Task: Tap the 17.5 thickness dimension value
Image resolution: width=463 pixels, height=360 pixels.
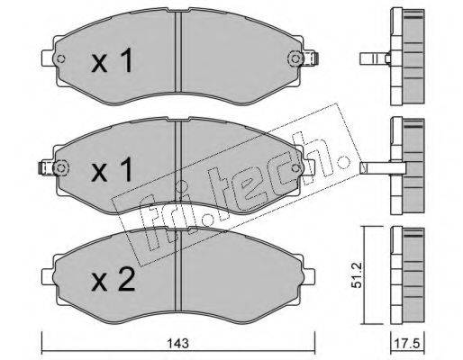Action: tap(408, 343)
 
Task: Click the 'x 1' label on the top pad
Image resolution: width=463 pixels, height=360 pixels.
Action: tap(112, 60)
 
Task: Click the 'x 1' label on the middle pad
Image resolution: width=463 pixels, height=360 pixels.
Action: tap(112, 170)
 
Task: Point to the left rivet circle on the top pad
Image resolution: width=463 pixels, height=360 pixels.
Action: tap(60, 58)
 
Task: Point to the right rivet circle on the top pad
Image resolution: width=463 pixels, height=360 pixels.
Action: tap(295, 58)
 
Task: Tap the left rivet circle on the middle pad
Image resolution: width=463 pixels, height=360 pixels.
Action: tap(60, 167)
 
